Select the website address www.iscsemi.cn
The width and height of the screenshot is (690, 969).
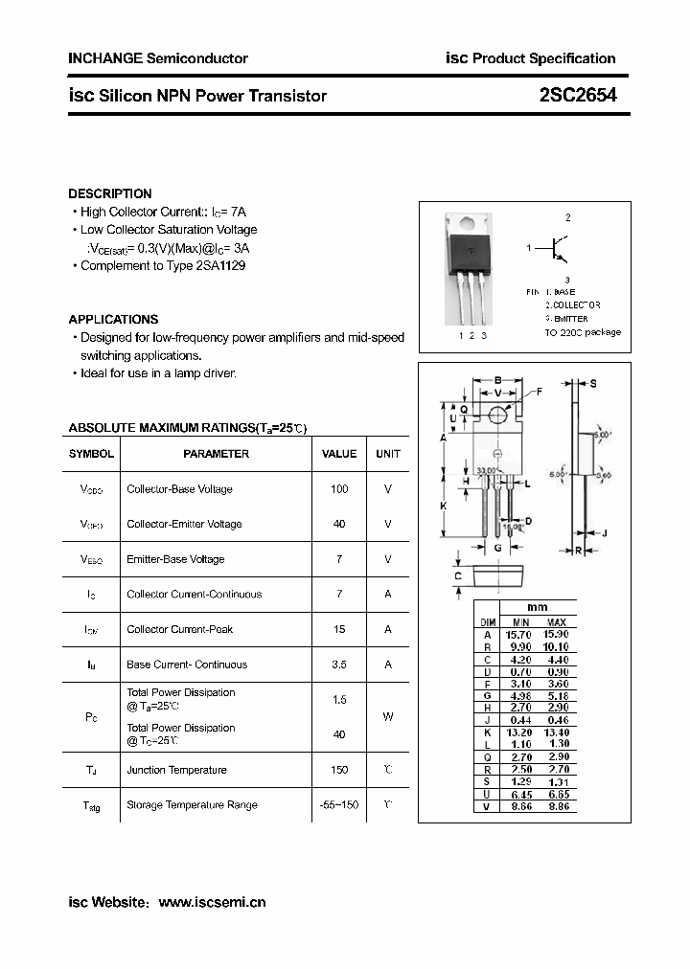(211, 902)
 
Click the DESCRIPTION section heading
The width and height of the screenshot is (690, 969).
(110, 193)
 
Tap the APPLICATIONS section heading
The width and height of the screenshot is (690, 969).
(113, 319)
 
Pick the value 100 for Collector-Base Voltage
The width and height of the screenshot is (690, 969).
(339, 489)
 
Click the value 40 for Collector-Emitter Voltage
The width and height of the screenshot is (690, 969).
(339, 524)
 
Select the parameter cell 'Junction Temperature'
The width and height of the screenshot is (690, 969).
(176, 770)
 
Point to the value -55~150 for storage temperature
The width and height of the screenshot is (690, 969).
(339, 805)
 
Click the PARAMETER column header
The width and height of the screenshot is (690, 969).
(216, 454)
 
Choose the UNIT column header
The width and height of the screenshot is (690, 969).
(388, 454)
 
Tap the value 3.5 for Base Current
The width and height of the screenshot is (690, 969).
(339, 665)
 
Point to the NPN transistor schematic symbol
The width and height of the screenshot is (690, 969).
(555, 249)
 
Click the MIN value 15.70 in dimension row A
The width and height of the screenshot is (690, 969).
(518, 635)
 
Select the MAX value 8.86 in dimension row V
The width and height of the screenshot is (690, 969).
(556, 807)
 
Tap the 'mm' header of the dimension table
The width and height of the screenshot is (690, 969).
(538, 607)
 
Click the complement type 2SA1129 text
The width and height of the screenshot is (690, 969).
(219, 266)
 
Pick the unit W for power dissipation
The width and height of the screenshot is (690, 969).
(388, 716)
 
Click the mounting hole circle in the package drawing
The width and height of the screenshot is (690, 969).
(497, 415)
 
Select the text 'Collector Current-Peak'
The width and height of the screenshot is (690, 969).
(180, 629)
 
